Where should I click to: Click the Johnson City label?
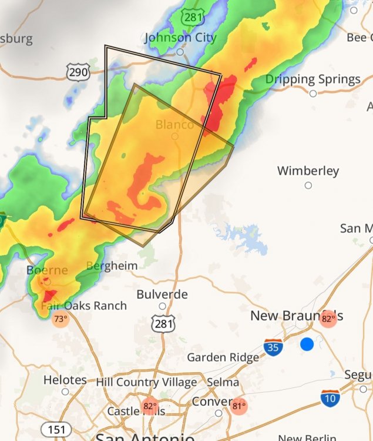coord(180,38)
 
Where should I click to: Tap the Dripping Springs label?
coord(312,79)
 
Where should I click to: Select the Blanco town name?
coord(174,125)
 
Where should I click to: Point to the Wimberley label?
coord(308,171)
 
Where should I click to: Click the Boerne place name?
coord(47,270)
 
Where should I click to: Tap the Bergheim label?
coord(112,266)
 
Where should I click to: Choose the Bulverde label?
coord(162,294)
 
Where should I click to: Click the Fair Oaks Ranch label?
coord(83,306)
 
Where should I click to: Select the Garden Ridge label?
coord(223,358)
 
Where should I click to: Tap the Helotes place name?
coord(65,380)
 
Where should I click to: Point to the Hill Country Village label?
coord(146,382)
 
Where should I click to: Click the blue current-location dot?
coord(307,345)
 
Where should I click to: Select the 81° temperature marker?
coord(238,406)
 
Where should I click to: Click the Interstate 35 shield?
coord(273,347)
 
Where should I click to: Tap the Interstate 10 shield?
coord(330,399)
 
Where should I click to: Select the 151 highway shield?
coord(56,430)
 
